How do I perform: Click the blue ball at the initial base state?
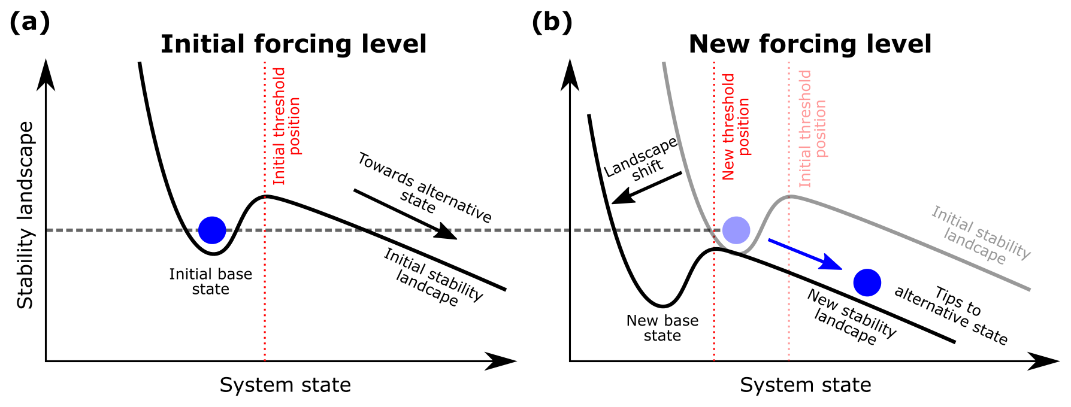point(212,230)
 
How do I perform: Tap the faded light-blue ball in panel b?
point(736,230)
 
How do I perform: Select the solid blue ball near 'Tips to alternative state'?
point(867,283)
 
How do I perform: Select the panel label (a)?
point(29,23)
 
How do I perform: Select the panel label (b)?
point(552,23)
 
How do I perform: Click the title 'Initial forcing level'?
point(294,44)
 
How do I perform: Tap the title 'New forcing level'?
point(810,44)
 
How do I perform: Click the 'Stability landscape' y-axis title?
point(26,215)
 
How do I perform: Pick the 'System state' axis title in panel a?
point(285,385)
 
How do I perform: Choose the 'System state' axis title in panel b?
point(805,385)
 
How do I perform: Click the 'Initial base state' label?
point(210,282)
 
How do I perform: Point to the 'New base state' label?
point(662,328)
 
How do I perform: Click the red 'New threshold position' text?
point(736,126)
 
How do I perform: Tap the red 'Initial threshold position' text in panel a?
point(286,126)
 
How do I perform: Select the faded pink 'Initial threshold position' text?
point(812,128)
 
